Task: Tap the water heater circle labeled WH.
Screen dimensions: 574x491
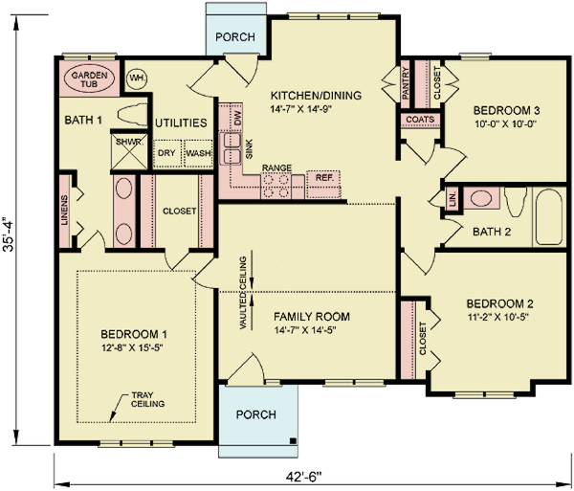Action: coord(137,78)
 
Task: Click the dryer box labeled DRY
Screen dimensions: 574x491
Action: coord(167,153)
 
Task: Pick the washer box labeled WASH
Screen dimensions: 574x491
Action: coord(198,153)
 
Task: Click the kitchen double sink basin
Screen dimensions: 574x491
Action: coord(231,148)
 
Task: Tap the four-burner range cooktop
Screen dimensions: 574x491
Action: coord(276,187)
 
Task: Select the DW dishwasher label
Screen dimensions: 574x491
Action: coord(237,118)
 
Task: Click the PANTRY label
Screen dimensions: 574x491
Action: coord(405,84)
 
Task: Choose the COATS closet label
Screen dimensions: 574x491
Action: coord(420,120)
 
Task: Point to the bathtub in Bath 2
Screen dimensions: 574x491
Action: coord(549,216)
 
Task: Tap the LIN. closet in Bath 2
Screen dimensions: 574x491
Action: coord(453,199)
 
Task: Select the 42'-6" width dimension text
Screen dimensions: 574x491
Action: coord(303,477)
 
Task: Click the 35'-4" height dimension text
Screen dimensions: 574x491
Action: coord(8,235)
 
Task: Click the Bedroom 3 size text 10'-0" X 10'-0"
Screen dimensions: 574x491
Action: coord(505,123)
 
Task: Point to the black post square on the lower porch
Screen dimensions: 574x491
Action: coord(293,440)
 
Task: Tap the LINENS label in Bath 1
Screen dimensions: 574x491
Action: coord(64,211)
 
